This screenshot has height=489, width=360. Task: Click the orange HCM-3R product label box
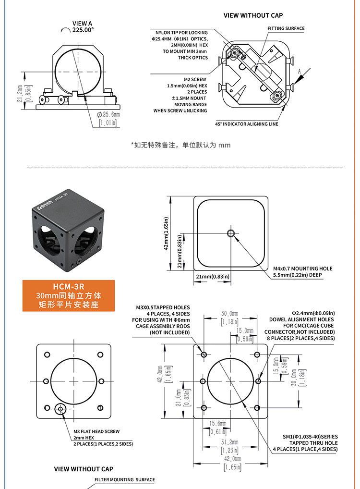tap(69, 295)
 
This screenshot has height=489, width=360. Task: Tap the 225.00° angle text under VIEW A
tap(83, 30)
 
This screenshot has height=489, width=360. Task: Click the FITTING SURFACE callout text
tap(286, 28)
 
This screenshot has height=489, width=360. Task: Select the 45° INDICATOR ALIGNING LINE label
tap(247, 124)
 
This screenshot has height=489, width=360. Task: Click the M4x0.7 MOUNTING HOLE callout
tap(303, 269)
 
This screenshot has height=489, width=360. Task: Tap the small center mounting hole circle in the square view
tap(231, 233)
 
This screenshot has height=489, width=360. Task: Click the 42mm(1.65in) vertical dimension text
tap(166, 233)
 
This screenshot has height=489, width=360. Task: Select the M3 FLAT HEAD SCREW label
tap(96, 432)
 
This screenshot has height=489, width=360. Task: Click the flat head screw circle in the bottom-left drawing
tap(60, 408)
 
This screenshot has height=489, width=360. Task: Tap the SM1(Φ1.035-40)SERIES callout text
tap(310, 437)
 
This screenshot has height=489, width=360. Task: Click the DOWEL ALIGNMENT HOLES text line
tap(301, 319)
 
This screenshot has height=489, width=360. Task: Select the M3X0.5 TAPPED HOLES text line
tap(163, 307)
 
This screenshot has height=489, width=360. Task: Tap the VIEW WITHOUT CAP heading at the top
tap(253, 15)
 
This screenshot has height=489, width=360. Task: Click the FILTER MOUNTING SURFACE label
tap(125, 480)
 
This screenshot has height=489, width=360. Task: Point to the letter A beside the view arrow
tap(299, 72)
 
